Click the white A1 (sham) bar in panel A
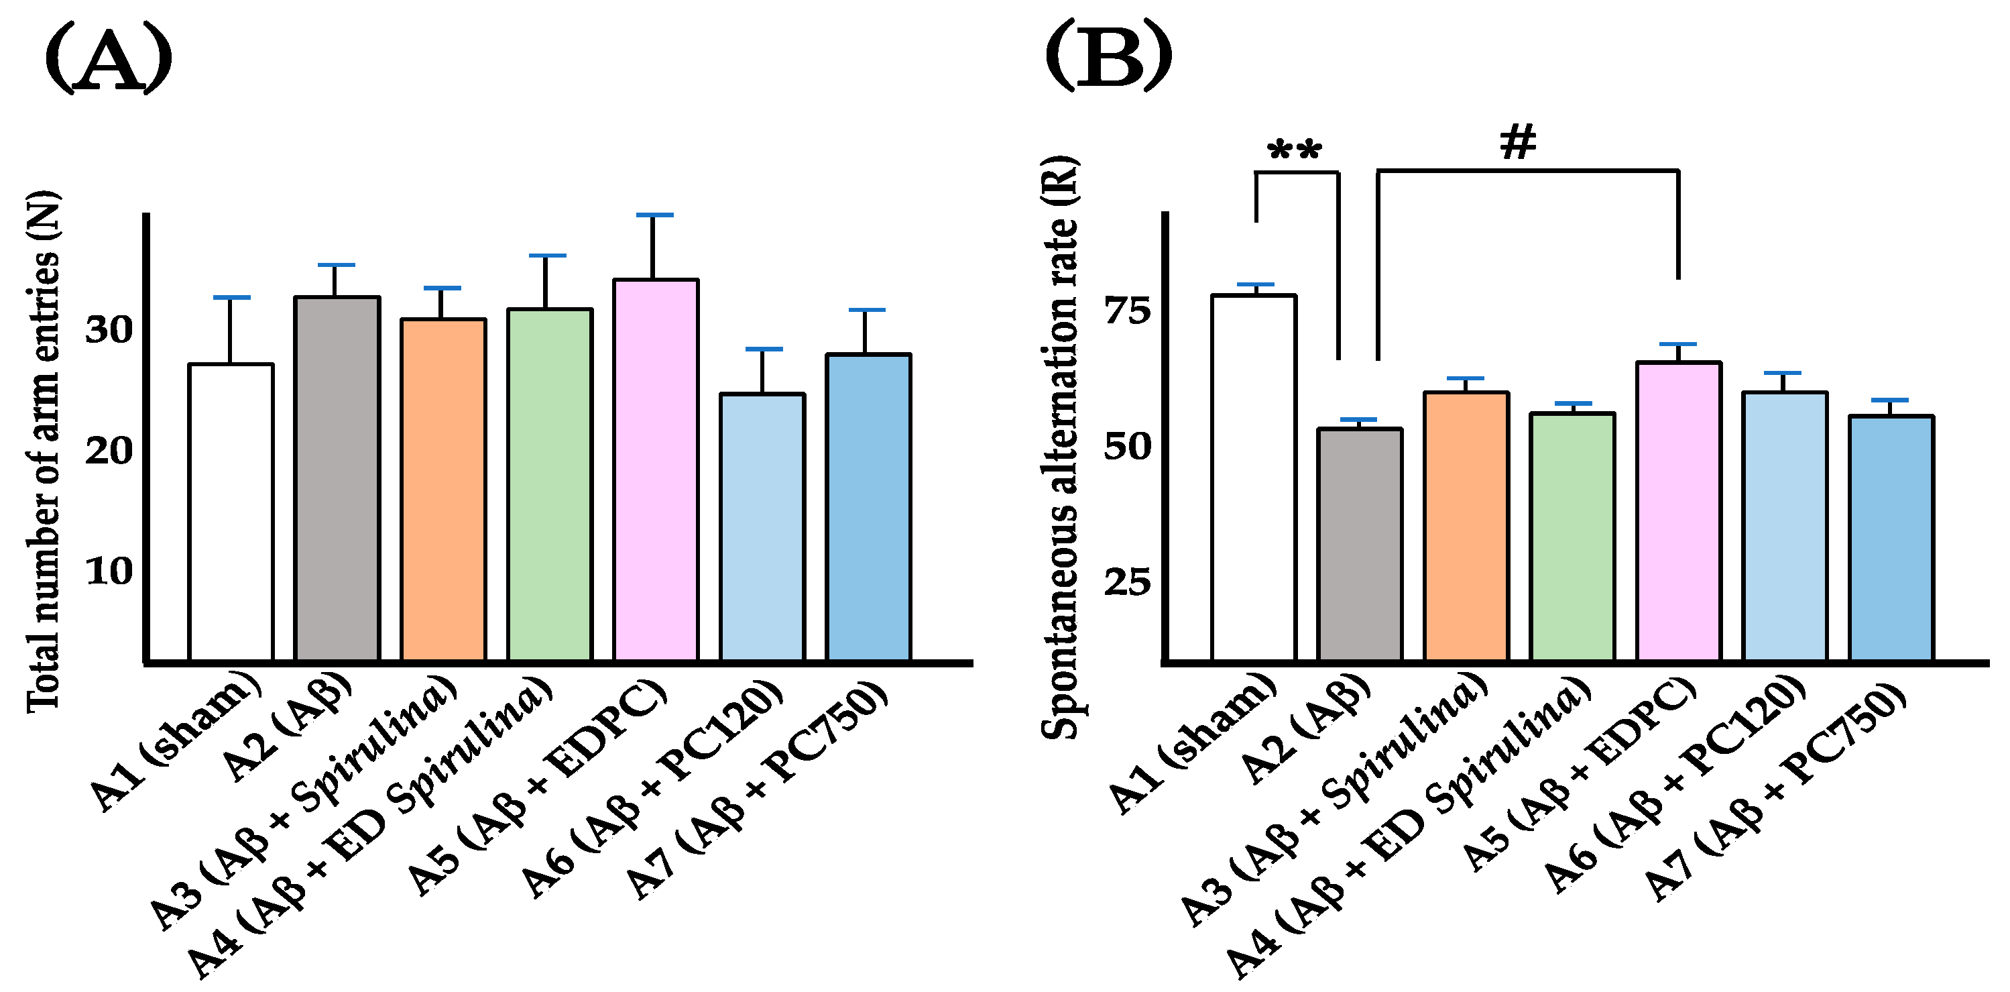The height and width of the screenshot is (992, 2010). point(231,512)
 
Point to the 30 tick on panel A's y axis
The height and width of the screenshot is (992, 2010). point(109,329)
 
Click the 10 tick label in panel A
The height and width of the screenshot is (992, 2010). point(109,571)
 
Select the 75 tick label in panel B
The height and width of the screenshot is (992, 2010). point(1128,311)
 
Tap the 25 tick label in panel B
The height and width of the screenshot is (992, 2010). point(1128,582)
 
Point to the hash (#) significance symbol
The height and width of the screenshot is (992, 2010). point(1518,143)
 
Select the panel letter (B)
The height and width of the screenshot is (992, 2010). point(1108,56)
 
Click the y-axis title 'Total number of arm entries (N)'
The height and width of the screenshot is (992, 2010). point(43,453)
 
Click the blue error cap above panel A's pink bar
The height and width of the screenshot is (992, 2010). point(654,215)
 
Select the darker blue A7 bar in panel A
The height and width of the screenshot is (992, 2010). point(868,507)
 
